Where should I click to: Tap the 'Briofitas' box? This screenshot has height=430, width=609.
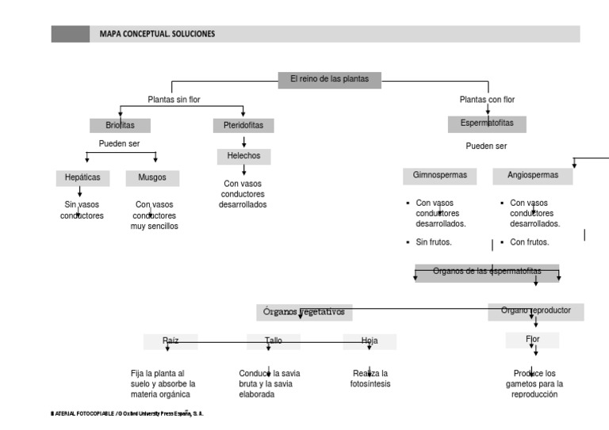point(120,125)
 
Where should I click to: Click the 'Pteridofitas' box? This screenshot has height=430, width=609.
point(243,125)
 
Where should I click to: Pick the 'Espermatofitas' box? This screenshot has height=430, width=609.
point(487,124)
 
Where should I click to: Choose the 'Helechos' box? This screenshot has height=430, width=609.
point(243,156)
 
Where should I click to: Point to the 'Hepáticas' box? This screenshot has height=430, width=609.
point(82,178)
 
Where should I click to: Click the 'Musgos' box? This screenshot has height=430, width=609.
point(152,178)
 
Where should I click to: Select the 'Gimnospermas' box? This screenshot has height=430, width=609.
point(439,175)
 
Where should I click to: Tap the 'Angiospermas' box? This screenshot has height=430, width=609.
point(532,175)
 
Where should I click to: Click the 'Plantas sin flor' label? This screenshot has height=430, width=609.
point(174,100)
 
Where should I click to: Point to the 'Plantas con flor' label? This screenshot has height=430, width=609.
point(487,100)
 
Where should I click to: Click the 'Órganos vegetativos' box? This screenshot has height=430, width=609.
point(304,312)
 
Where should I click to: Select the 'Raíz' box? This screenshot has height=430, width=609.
point(170,341)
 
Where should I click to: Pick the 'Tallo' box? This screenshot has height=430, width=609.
point(274,341)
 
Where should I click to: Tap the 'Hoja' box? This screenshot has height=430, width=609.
point(370,341)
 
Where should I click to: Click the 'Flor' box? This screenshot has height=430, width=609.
point(532,340)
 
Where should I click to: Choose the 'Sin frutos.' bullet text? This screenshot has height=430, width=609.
point(434,242)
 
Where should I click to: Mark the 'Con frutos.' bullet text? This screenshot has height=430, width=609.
point(529,242)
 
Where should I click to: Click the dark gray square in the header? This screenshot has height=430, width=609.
point(71,34)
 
